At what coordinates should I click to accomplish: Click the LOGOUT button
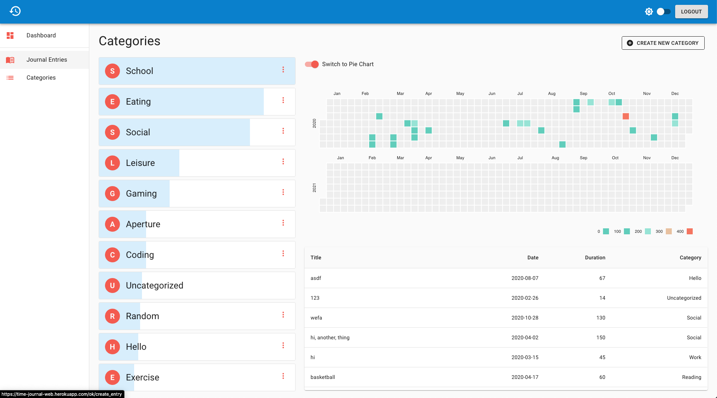691,12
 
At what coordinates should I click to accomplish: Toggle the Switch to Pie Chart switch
312,64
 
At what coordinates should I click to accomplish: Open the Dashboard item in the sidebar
41,36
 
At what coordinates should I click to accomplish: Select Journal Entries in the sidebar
47,60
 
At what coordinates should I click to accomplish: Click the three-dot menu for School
283,70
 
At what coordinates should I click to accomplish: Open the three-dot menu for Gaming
283,192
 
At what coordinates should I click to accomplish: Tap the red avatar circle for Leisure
112,163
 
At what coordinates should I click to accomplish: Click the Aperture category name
143,224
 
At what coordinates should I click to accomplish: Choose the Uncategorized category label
155,286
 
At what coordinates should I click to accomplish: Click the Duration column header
595,257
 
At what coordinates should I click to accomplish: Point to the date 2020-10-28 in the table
525,318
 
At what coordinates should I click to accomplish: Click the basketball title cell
323,377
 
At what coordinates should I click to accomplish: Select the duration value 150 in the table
601,337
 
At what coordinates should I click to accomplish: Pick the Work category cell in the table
695,357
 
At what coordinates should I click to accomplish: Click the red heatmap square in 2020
626,116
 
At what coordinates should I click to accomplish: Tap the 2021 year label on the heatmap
315,188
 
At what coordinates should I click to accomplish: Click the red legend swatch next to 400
690,231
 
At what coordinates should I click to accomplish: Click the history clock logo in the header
15,11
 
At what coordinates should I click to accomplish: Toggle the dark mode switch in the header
664,12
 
